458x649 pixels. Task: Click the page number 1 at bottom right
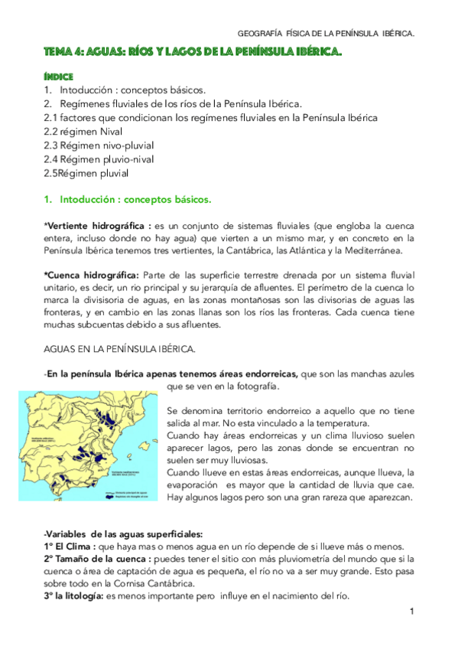411,611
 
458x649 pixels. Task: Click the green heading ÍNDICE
59,77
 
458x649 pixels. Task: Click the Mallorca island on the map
145,445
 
